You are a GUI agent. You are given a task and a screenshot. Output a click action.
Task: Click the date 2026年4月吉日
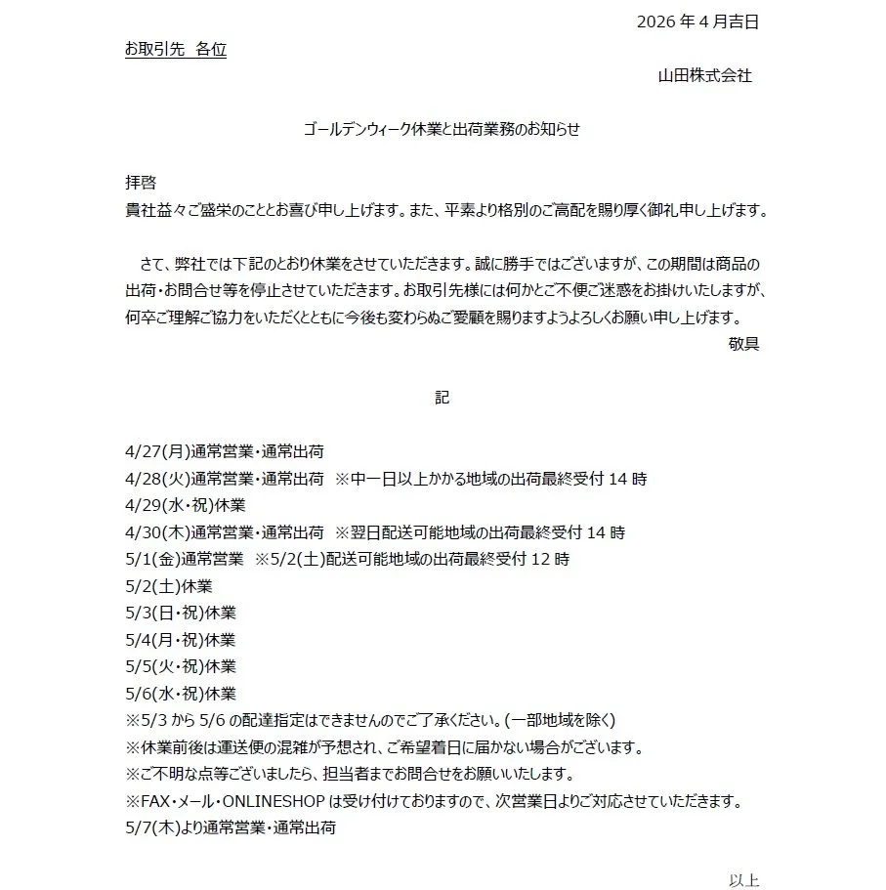tap(696, 21)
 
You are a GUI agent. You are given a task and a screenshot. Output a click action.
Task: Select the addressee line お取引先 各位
tap(175, 49)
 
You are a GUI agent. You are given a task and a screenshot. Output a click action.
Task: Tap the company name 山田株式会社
tap(704, 75)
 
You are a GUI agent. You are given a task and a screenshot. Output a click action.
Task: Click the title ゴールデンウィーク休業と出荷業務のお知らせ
tap(443, 129)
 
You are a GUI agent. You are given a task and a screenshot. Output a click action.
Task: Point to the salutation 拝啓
tap(141, 183)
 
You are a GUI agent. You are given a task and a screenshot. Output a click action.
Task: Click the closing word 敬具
tap(743, 343)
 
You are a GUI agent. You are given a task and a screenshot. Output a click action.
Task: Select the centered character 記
tap(443, 398)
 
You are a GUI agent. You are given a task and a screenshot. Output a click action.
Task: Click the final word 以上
tap(743, 880)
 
